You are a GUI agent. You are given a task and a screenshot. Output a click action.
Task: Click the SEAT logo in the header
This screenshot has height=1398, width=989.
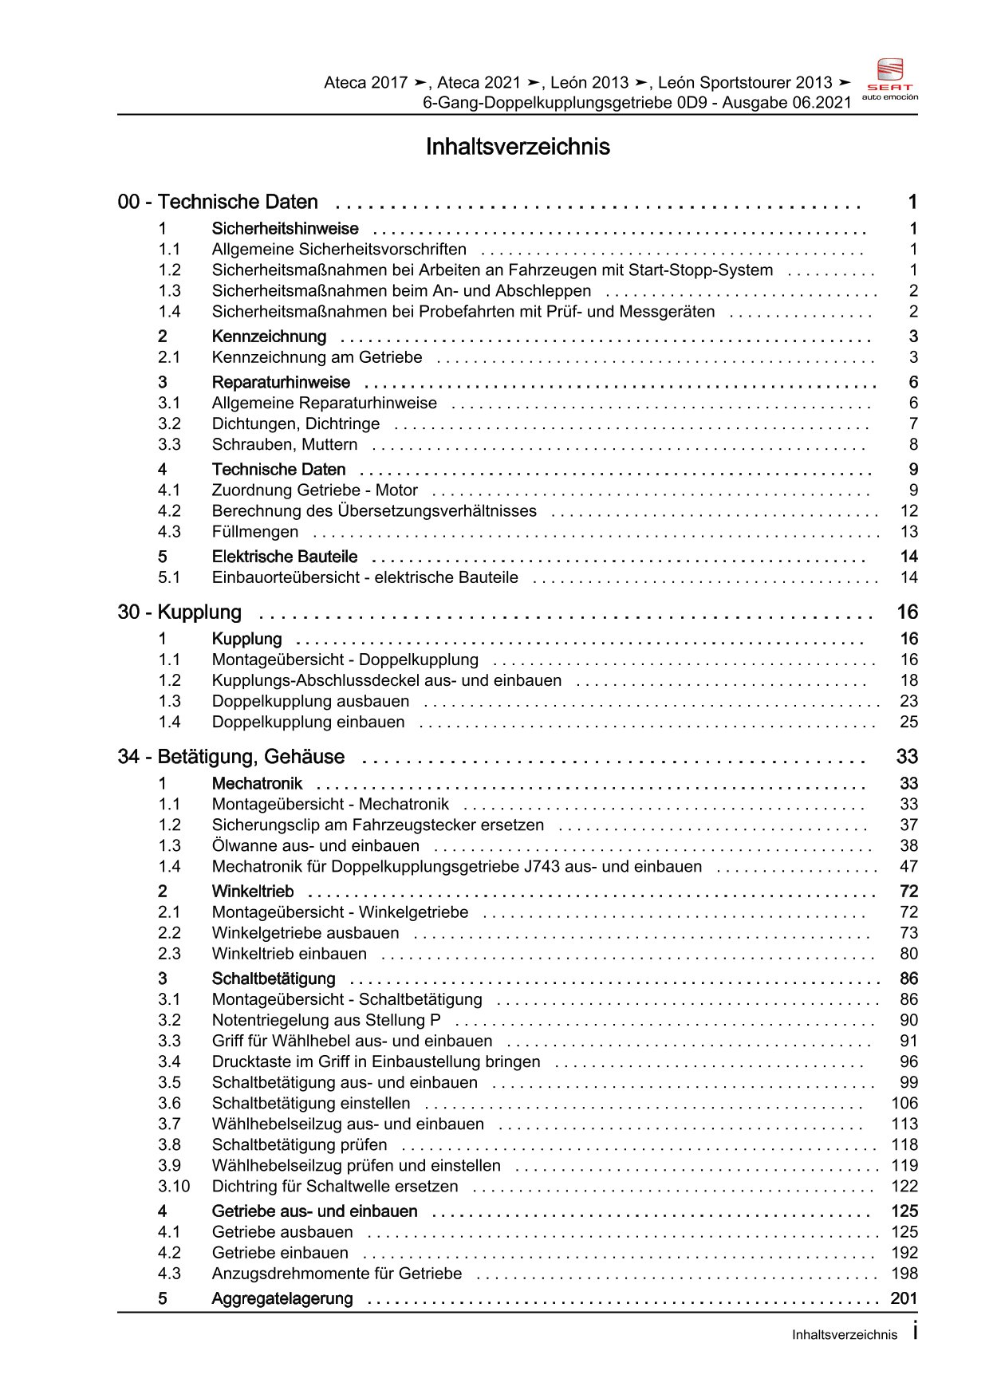[889, 79]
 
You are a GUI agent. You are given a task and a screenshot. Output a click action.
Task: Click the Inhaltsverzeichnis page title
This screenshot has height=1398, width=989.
[518, 147]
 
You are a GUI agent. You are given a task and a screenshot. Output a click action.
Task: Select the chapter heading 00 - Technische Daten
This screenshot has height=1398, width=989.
[218, 202]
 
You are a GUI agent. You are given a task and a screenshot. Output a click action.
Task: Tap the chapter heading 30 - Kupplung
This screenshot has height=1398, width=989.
[179, 612]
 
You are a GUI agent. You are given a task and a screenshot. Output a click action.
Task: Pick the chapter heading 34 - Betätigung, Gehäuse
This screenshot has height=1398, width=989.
[231, 756]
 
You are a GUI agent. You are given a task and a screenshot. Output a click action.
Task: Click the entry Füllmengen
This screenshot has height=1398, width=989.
[255, 531]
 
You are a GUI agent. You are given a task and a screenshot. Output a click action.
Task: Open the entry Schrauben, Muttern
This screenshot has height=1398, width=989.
[285, 444]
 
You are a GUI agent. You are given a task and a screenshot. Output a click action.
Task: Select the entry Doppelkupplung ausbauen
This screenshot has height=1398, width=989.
[310, 701]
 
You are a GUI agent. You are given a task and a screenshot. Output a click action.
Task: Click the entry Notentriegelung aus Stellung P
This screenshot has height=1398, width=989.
[326, 1020]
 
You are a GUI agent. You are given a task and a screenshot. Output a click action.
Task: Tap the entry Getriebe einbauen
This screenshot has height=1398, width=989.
[280, 1253]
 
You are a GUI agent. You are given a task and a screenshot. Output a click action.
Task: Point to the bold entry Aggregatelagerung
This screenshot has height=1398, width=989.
[282, 1298]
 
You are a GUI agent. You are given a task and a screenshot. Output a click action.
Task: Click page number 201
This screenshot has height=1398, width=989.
[904, 1298]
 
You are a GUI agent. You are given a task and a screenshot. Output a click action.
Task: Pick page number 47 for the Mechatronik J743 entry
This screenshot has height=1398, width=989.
[908, 866]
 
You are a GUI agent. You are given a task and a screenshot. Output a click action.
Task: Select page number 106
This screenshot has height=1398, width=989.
[904, 1103]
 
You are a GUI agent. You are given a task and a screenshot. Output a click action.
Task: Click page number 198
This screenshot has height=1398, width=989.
[904, 1274]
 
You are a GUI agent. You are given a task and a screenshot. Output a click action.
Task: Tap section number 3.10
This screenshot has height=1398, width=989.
[174, 1186]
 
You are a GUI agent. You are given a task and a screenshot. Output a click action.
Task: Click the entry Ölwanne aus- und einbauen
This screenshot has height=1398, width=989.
[315, 845]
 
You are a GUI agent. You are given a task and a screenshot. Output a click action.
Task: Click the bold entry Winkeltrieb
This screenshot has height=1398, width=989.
[253, 891]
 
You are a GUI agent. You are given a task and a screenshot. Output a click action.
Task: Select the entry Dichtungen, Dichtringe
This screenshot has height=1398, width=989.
[296, 423]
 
